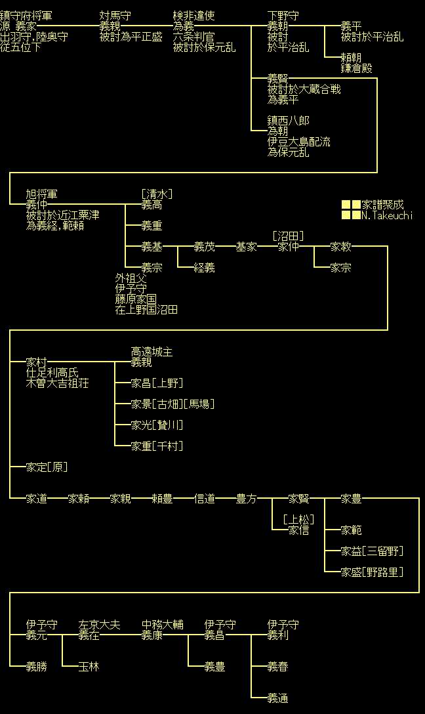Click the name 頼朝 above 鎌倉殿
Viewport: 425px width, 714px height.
click(352, 58)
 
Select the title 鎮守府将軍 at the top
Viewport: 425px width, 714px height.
click(26, 16)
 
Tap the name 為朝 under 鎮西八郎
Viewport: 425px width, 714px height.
click(278, 131)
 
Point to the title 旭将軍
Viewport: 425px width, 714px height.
click(42, 194)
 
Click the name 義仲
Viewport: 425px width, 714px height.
click(37, 205)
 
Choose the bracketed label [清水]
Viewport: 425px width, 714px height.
click(157, 194)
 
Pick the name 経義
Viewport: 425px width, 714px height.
click(205, 268)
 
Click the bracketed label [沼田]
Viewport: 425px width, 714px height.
click(288, 236)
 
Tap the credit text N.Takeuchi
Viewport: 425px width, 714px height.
click(388, 215)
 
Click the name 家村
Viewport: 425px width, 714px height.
click(37, 362)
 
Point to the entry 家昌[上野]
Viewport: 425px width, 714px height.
click(157, 383)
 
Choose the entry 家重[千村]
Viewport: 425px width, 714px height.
click(157, 446)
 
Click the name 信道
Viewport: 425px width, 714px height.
click(205, 499)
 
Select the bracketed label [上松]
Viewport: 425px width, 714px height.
click(298, 520)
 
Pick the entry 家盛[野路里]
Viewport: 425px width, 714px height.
click(372, 572)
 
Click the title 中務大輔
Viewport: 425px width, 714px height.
click(163, 625)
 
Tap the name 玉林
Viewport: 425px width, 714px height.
click(89, 667)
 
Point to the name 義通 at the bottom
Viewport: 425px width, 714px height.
click(278, 698)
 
